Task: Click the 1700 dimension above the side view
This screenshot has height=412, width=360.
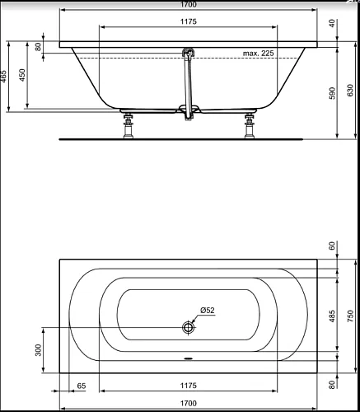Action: pyautogui.click(x=189, y=4)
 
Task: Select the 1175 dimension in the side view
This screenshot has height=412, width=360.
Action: pyautogui.click(x=189, y=21)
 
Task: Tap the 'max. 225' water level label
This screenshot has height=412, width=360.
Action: pyautogui.click(x=258, y=54)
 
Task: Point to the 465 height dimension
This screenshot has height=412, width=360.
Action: pyautogui.click(x=3, y=77)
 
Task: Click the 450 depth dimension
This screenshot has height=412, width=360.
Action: pyautogui.click(x=22, y=75)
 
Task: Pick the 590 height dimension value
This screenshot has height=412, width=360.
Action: pyautogui.click(x=332, y=93)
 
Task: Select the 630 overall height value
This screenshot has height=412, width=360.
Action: pyautogui.click(x=350, y=91)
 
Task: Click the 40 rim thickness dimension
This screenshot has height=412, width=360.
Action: pyautogui.click(x=332, y=23)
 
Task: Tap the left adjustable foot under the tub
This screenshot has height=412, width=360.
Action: pyautogui.click(x=129, y=126)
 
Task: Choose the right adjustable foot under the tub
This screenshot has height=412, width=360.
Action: pyautogui.click(x=250, y=126)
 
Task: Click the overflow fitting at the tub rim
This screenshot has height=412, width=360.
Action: pyautogui.click(x=189, y=52)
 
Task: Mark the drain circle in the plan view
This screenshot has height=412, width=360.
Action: pyautogui.click(x=189, y=327)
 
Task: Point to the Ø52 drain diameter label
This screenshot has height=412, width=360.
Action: pyautogui.click(x=208, y=311)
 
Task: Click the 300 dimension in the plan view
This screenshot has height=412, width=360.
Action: pyautogui.click(x=39, y=350)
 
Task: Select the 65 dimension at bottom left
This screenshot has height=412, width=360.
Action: pyautogui.click(x=82, y=386)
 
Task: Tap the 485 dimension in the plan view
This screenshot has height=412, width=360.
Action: pyautogui.click(x=332, y=316)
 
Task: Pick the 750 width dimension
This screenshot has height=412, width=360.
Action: pyautogui.click(x=350, y=316)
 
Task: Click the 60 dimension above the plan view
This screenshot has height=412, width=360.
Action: pyautogui.click(x=332, y=246)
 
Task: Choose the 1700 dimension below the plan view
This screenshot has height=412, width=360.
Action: pyautogui.click(x=189, y=403)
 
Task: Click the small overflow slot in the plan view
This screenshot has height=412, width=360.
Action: pyautogui.click(x=189, y=358)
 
